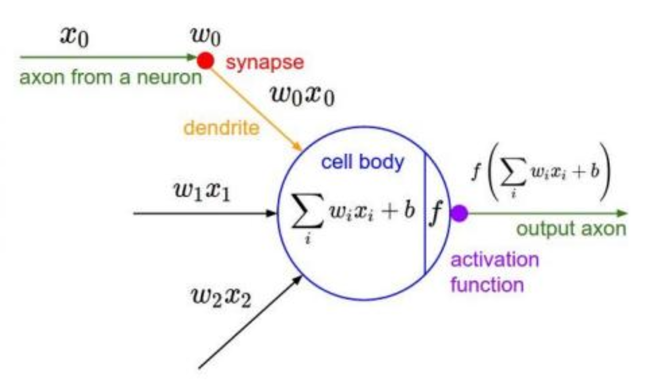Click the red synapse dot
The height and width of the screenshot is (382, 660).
[x=205, y=60]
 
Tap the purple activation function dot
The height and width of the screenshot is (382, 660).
[x=459, y=213]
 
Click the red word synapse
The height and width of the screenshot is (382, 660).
[x=265, y=63]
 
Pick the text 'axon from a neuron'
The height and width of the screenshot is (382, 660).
[x=110, y=78]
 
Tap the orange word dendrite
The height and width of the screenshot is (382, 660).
[x=221, y=128]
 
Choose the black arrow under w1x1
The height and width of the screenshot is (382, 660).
[x=205, y=213]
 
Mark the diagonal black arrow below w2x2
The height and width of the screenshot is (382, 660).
[x=250, y=321]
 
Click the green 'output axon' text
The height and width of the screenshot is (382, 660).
[x=572, y=230]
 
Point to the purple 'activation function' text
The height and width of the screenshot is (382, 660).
[x=494, y=272]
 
